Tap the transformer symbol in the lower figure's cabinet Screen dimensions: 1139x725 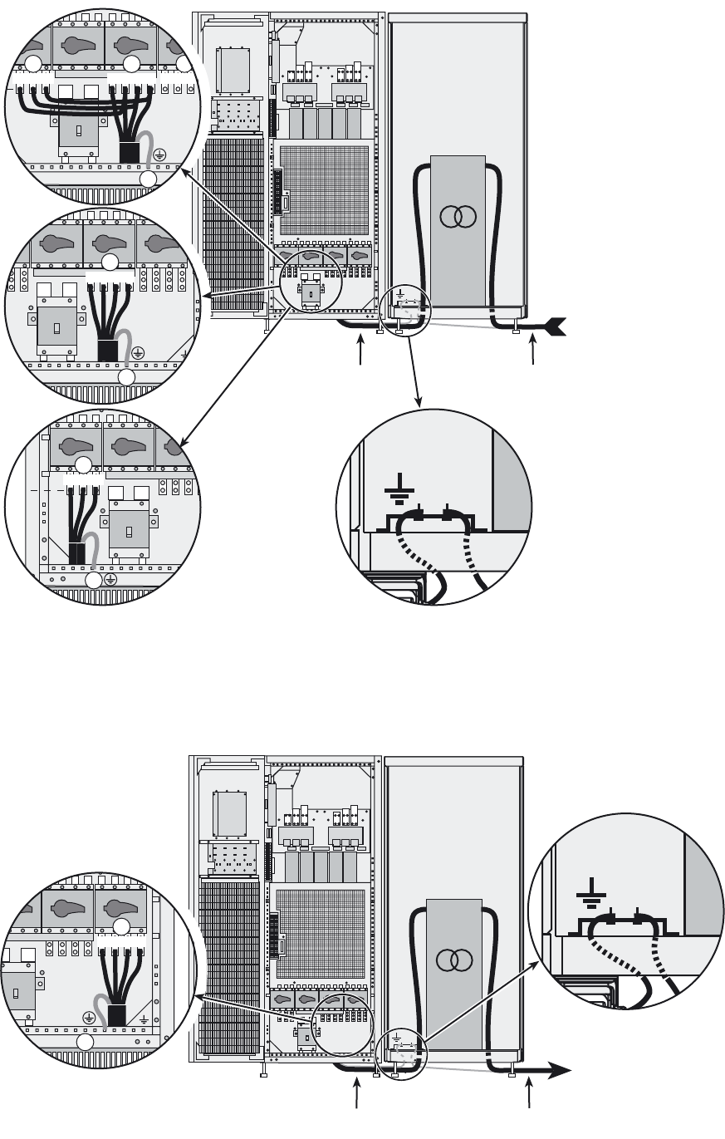coord(453,960)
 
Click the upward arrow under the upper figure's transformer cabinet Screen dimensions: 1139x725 coord(534,351)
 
